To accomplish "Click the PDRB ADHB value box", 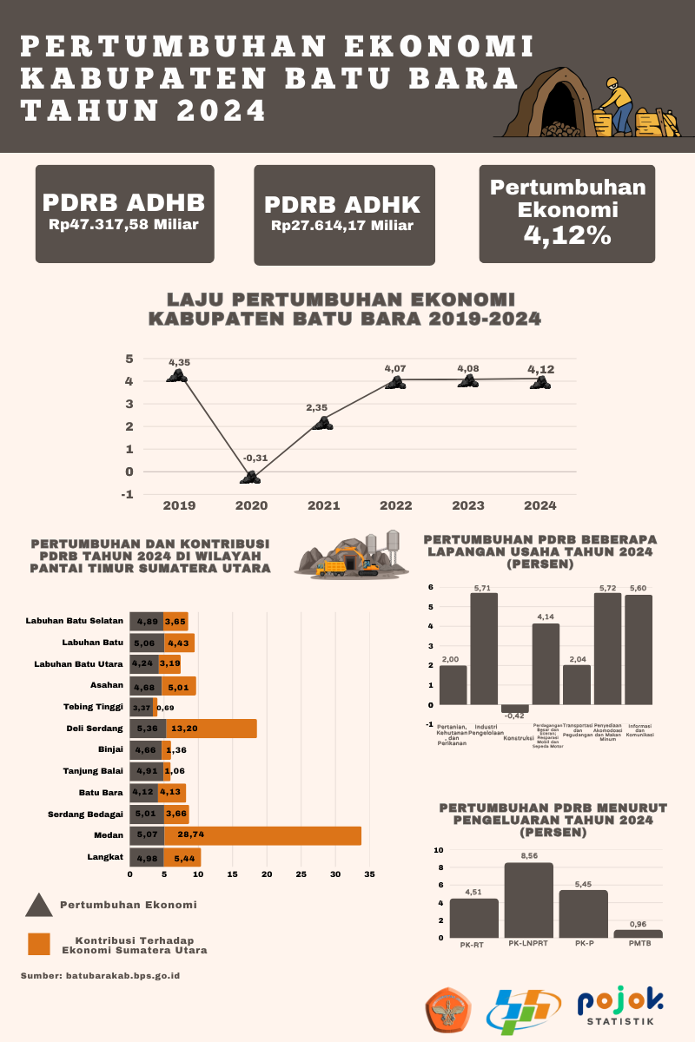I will tap(124, 214).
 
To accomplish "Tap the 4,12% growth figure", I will tap(566, 234).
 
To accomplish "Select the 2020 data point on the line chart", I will tap(251, 477).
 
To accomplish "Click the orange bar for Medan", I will tap(262, 835).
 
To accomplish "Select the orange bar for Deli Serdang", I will tap(211, 729).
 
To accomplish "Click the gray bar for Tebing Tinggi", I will tap(141, 707).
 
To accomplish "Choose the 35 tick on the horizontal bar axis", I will tap(369, 874).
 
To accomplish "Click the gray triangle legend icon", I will tap(39, 906).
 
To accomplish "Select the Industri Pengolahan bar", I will tap(484, 648).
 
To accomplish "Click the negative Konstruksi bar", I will tap(514, 709).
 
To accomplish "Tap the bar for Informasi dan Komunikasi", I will tap(638, 650).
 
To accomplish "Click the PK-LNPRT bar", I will tap(528, 900).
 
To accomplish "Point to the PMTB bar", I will tap(638, 933).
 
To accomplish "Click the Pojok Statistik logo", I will tap(621, 1009).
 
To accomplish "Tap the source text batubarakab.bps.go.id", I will tap(100, 976).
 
